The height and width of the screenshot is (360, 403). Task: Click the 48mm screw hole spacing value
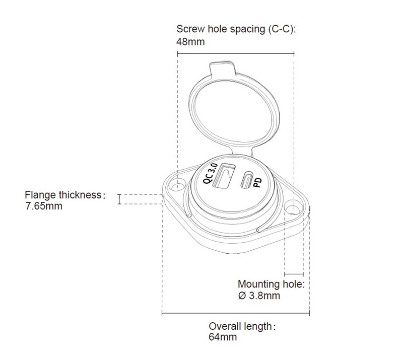[190, 42]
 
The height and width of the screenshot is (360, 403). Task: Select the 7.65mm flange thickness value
[44, 206]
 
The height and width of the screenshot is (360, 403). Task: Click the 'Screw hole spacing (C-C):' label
[236, 29]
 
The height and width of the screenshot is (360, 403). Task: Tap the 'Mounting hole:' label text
[271, 284]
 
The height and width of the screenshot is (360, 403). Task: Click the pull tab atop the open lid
[222, 66]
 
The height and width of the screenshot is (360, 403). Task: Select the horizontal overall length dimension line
[235, 314]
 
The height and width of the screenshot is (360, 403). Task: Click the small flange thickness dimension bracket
[119, 199]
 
